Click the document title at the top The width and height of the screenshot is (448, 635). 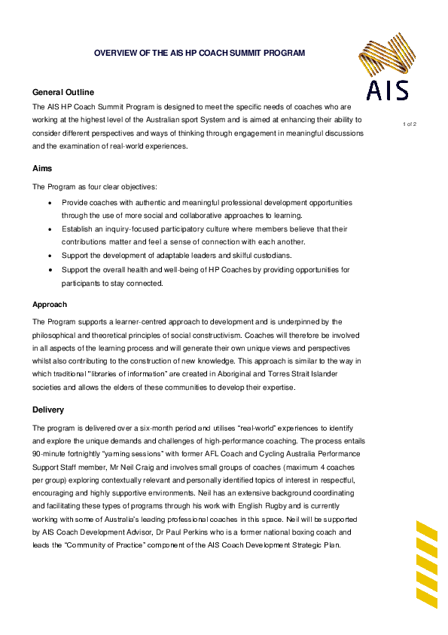[199, 54]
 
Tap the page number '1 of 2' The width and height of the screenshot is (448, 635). [410, 123]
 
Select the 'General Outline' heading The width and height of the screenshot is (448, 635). [63, 91]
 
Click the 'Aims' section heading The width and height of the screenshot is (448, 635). [42, 167]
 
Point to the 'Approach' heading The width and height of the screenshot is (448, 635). [50, 305]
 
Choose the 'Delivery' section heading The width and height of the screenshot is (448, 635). [48, 410]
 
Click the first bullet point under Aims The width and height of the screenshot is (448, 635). [50, 204]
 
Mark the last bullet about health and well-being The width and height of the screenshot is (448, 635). [50, 270]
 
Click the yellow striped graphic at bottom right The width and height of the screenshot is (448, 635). [427, 563]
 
